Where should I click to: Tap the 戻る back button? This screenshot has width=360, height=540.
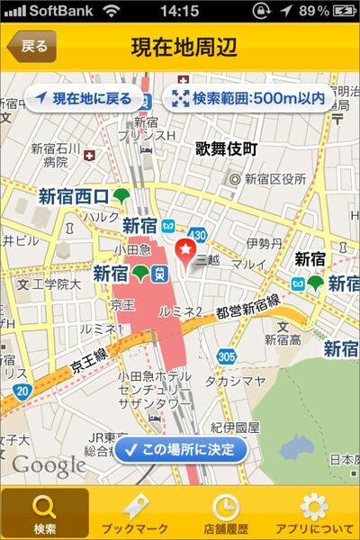click(31, 46)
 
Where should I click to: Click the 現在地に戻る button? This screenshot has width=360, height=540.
click(85, 99)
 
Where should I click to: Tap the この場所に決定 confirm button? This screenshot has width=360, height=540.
click(180, 448)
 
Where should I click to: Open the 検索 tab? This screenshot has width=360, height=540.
click(45, 513)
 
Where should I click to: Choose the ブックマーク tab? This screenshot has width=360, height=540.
click(135, 513)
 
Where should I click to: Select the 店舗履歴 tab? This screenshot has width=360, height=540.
click(225, 513)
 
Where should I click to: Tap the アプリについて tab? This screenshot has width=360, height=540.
click(313, 513)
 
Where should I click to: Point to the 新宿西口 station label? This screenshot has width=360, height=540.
click(74, 196)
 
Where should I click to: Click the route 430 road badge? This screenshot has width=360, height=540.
click(198, 234)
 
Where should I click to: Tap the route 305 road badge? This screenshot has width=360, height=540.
click(226, 357)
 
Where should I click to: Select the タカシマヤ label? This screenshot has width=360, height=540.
click(236, 380)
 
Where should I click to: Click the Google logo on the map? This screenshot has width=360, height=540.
click(49, 464)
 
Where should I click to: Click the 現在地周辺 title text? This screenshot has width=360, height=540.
click(180, 46)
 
